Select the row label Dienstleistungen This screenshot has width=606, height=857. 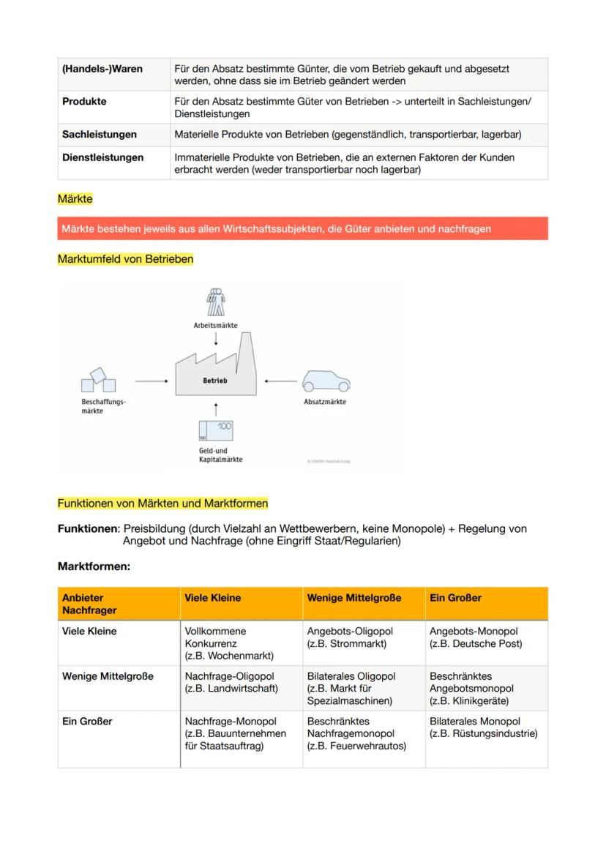(x=102, y=157)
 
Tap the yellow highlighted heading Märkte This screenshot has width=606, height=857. (x=75, y=199)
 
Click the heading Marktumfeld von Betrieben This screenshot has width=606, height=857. (x=125, y=259)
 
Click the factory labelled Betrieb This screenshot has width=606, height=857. (x=215, y=373)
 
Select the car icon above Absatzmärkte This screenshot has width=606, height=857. (x=326, y=381)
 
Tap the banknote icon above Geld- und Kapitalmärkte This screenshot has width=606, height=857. (x=215, y=430)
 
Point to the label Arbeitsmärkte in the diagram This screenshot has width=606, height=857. (x=215, y=326)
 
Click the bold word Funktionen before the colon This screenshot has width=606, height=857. (x=87, y=528)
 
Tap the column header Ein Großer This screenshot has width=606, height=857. (x=455, y=598)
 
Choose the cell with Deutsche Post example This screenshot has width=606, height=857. (x=476, y=637)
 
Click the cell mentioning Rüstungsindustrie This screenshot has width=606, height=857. (x=484, y=728)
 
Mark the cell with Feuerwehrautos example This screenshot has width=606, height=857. (x=355, y=733)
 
